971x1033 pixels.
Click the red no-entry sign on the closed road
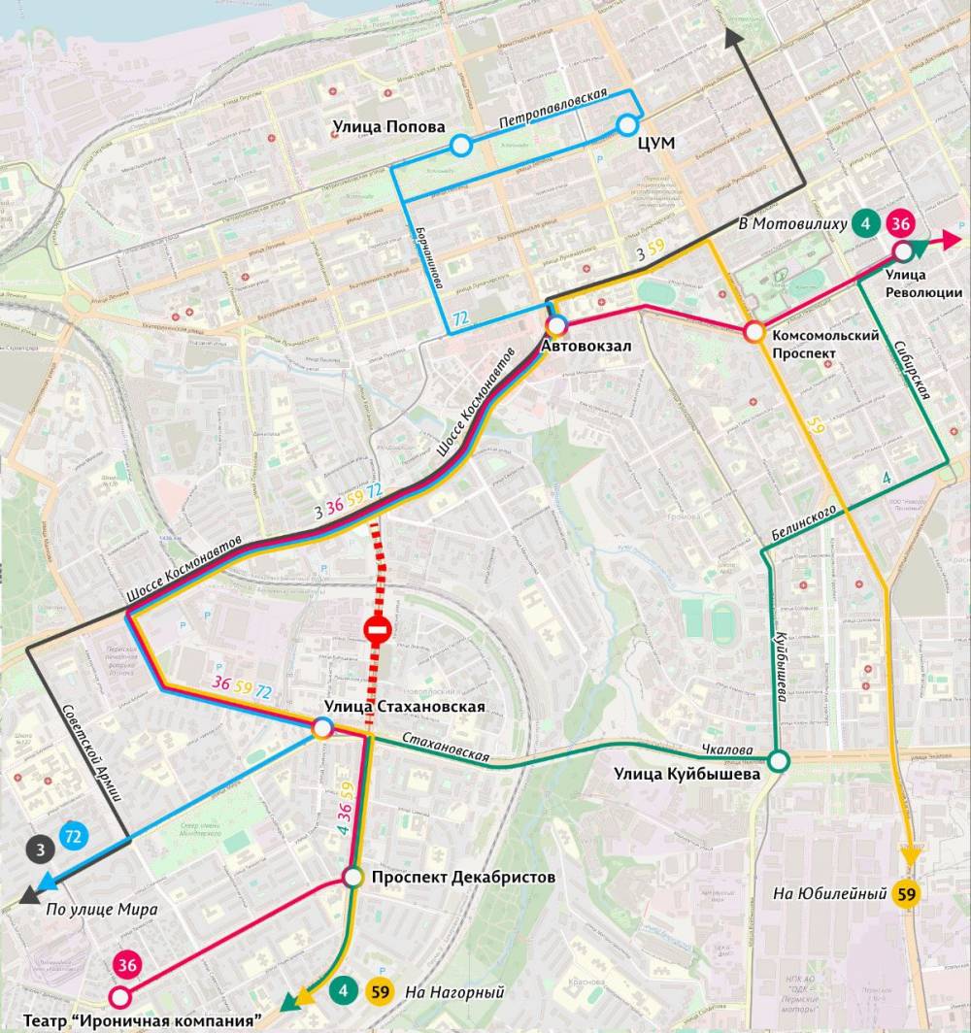pyautogui.click(x=377, y=630)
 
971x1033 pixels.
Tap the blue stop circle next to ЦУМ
pyautogui.click(x=627, y=124)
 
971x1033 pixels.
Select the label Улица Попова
pyautogui.click(x=388, y=126)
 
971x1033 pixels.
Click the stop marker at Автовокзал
pyautogui.click(x=556, y=325)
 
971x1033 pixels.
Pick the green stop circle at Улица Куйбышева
pyautogui.click(x=779, y=760)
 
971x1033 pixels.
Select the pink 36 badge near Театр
pyautogui.click(x=127, y=965)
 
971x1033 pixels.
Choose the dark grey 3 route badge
pyautogui.click(x=40, y=850)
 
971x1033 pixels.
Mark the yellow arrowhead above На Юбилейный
pyautogui.click(x=911, y=854)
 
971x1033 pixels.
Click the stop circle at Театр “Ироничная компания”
pyautogui.click(x=120, y=997)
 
